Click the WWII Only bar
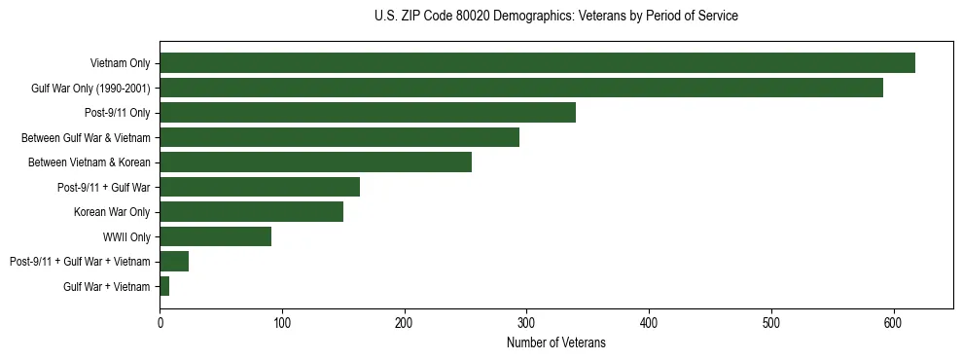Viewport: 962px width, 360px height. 215,236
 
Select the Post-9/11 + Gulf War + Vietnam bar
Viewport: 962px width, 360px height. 174,261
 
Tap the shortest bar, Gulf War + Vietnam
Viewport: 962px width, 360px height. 164,286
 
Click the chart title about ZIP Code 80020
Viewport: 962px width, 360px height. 555,17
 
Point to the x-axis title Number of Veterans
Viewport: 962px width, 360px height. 555,342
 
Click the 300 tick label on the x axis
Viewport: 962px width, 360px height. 526,322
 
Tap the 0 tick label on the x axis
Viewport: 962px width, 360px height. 160,322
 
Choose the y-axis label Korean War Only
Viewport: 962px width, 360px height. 112,212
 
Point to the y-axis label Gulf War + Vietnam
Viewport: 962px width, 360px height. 107,286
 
